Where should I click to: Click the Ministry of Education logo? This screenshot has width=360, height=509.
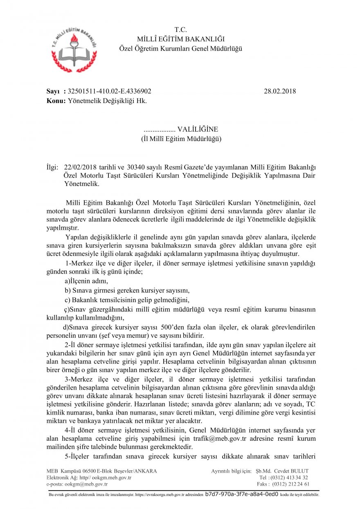74,48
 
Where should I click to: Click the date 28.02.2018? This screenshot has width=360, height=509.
280,91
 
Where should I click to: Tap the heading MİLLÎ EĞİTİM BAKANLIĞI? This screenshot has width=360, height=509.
180,39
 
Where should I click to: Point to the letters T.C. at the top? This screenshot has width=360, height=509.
180,30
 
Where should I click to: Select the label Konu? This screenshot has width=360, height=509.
56,101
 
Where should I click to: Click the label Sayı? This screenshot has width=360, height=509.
53,91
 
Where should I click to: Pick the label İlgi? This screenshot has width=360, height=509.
53,167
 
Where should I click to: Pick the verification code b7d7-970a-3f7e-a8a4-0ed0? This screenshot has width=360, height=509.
242,494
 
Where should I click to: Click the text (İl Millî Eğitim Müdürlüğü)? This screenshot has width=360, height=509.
180,139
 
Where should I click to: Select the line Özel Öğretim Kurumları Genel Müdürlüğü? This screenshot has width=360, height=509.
180,48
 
